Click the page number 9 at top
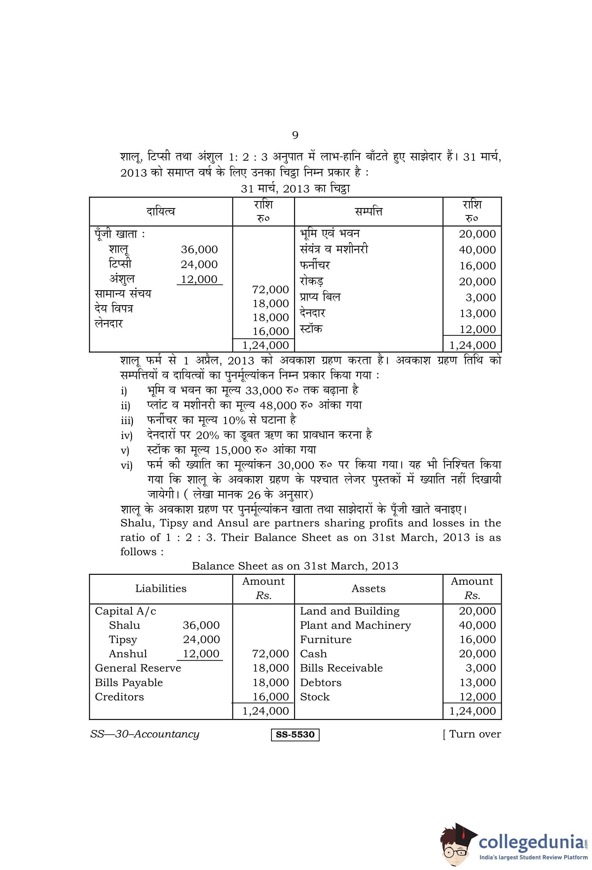pos(295,135)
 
